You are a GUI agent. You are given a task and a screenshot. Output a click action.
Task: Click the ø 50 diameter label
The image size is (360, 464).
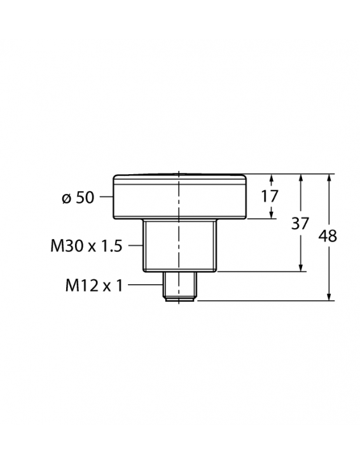pos(78,198)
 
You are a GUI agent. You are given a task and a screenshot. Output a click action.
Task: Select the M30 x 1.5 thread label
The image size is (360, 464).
pos(85,246)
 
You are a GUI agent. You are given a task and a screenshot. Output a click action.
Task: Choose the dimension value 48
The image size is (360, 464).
pos(328,236)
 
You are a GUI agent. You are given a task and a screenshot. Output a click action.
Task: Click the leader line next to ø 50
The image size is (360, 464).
pos(106,198)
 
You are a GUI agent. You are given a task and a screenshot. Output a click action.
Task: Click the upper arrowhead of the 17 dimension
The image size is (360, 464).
pos(272,179)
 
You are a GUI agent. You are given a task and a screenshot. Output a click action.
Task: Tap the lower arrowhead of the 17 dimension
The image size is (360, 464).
pos(272,214)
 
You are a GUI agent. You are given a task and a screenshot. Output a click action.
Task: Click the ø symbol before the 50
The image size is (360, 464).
pos(66,198)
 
